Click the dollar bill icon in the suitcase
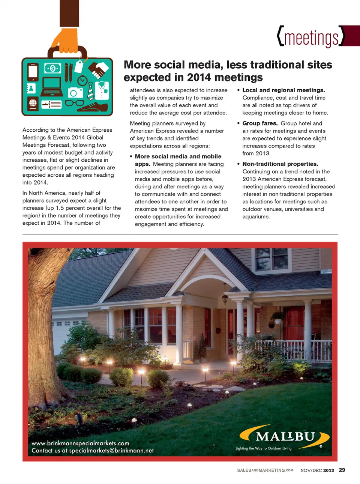[52, 68]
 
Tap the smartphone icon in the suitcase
[33, 72]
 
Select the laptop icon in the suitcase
[52, 87]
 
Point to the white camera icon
[75, 92]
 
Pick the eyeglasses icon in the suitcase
[75, 103]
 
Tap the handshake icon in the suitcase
[99, 70]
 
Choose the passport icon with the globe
[33, 103]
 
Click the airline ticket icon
[51, 104]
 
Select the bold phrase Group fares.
[260, 123]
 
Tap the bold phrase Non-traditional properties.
[280, 164]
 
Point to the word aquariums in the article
[256, 216]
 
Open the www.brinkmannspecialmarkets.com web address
[80, 443]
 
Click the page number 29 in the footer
[342, 470]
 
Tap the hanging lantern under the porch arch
[225, 299]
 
